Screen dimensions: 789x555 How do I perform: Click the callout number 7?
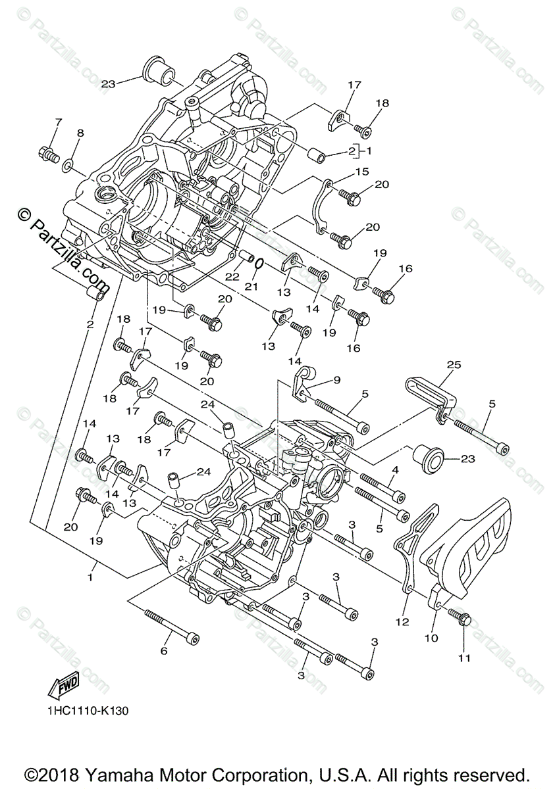(x=58, y=122)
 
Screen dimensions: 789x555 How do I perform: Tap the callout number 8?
(x=80, y=133)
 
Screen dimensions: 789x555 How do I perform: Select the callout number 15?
(x=362, y=172)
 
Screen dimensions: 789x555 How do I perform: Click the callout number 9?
(x=337, y=379)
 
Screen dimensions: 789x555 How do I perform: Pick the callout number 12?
(x=402, y=621)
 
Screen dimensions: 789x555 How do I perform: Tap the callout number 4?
(x=396, y=469)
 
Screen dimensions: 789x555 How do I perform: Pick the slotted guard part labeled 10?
(x=468, y=546)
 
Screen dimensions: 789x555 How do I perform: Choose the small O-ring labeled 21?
(x=259, y=264)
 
